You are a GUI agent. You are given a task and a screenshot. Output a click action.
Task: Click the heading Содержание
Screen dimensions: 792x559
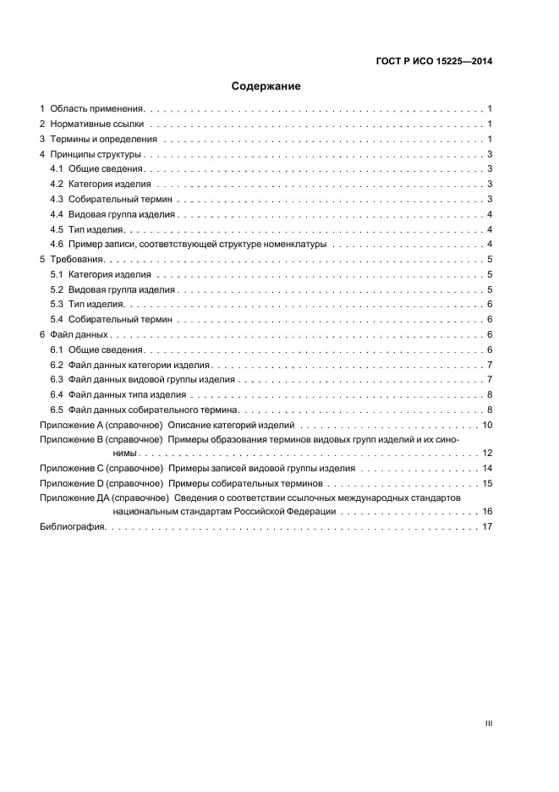(266, 86)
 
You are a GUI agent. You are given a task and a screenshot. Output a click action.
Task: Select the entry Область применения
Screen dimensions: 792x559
(97, 109)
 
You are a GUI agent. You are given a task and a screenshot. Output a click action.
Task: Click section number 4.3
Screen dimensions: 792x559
(57, 199)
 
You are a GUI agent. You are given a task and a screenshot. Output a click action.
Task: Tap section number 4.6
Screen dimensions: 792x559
(57, 245)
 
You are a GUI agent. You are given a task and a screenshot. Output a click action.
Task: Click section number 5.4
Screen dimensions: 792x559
(57, 319)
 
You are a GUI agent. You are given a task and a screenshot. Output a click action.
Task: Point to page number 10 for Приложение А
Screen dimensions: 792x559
(487, 425)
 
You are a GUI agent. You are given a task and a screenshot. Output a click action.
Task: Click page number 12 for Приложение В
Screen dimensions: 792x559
(487, 454)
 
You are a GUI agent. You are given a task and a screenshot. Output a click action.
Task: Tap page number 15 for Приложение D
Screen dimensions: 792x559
(487, 483)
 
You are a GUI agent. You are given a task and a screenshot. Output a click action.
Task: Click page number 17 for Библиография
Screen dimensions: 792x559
(487, 527)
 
